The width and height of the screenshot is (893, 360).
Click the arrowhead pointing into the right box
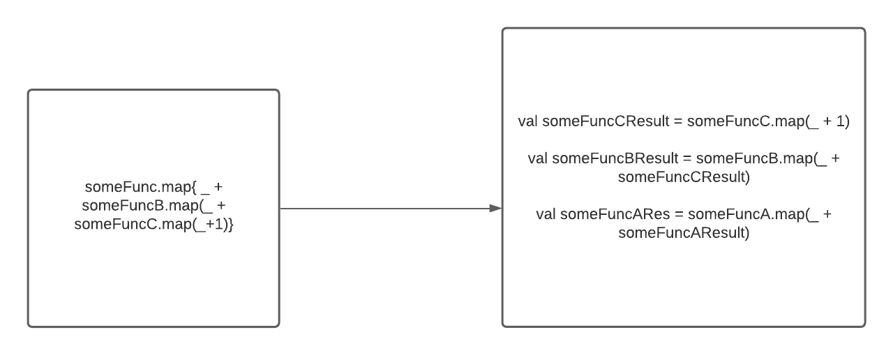point(495,208)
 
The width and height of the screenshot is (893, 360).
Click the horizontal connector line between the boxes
point(384,208)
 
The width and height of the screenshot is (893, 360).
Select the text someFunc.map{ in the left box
point(140,187)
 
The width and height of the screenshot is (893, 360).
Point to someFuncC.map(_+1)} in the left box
point(153,225)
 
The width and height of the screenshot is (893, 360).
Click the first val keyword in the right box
point(528,121)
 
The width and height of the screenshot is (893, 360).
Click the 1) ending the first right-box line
point(842,121)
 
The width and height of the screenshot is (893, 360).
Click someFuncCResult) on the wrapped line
point(683,177)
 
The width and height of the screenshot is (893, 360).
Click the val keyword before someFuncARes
point(546,214)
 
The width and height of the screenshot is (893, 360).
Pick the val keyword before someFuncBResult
point(538,158)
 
